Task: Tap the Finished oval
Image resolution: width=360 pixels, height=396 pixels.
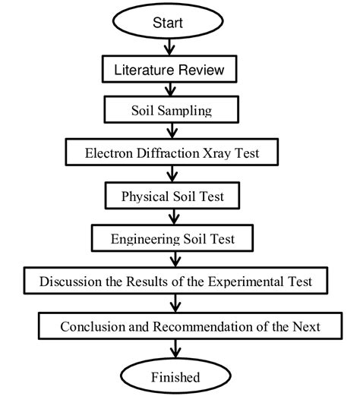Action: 175,376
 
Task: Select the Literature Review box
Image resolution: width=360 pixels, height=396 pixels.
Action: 175,71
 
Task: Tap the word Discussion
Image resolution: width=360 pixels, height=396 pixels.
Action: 66,281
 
